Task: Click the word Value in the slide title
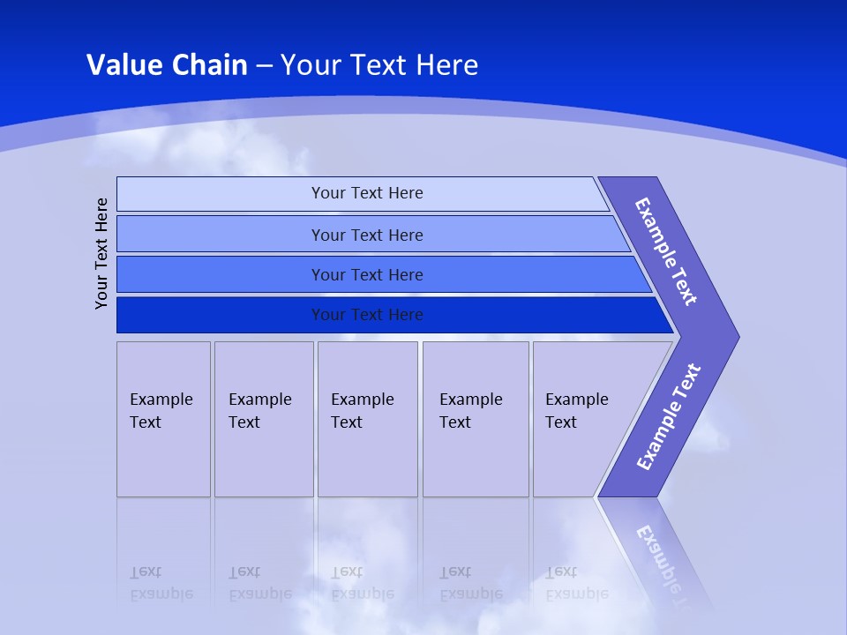pos(124,65)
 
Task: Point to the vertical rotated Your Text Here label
pos(101,253)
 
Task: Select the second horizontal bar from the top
pos(367,235)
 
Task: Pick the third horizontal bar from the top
pos(367,274)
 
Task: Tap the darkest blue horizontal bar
pos(367,315)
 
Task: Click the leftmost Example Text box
pos(163,419)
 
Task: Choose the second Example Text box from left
pos(264,419)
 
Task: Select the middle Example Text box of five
pos(367,419)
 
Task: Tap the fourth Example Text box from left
pos(476,419)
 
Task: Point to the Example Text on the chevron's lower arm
pos(668,417)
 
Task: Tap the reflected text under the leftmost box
pos(161,583)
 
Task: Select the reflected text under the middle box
pos(362,583)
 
